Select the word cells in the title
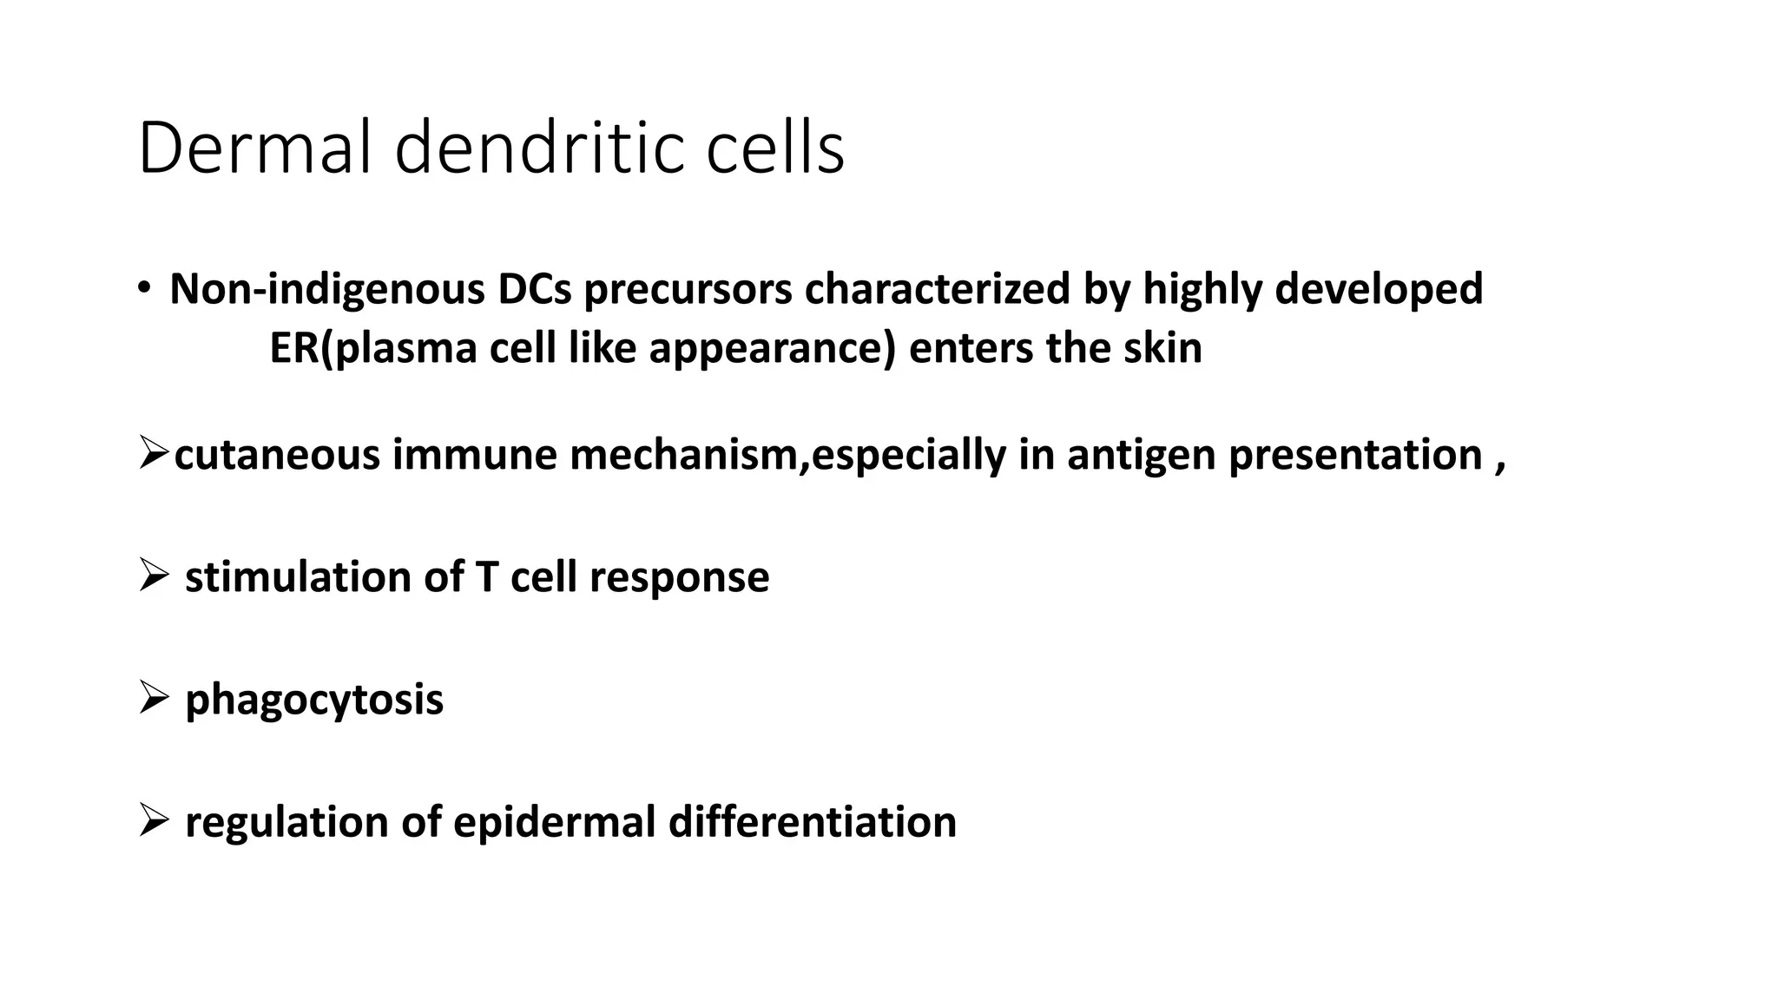tap(774, 149)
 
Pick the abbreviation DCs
tap(534, 289)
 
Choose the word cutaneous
tap(277, 455)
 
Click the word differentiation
tap(813, 822)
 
